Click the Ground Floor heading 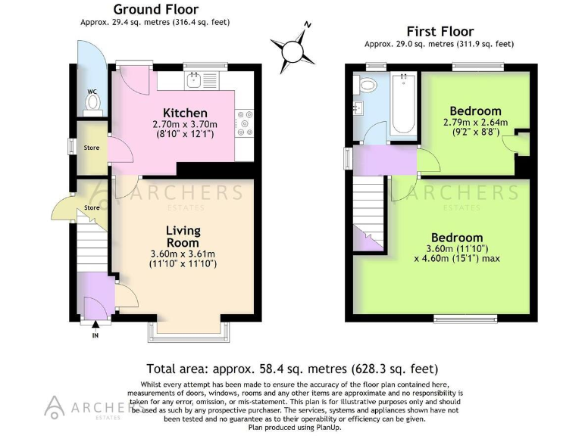pos(155,10)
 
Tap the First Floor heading pos(440,31)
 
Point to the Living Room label pos(183,236)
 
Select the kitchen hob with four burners pos(245,124)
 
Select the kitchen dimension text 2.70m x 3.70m pos(185,125)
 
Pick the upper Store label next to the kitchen pos(92,148)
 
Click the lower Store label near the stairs pos(92,207)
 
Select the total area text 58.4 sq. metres pos(293,369)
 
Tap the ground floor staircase pos(95,246)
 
